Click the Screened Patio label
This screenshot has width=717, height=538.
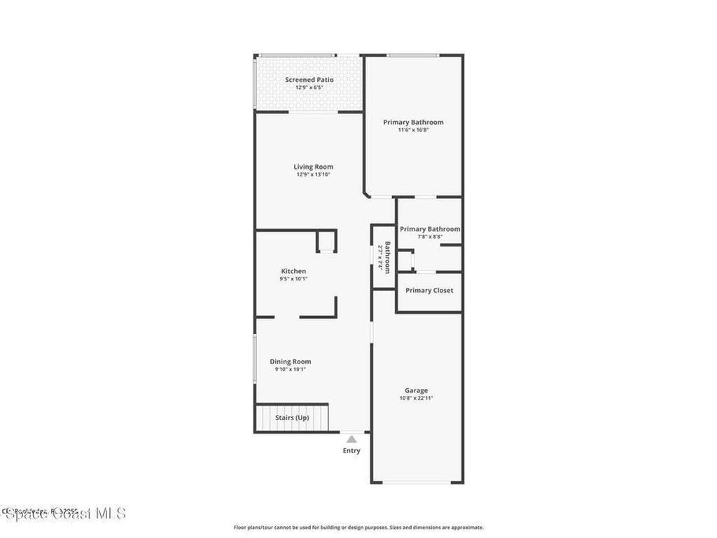309,80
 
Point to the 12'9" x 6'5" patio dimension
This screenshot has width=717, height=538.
309,88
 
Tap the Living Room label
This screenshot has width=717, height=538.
313,167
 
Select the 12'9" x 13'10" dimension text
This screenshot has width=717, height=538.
313,174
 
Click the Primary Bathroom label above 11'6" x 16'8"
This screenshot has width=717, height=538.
413,122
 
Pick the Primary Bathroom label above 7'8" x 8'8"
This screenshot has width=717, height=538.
430,229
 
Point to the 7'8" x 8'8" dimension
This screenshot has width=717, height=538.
430,237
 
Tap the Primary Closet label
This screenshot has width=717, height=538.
429,291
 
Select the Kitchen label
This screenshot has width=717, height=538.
293,271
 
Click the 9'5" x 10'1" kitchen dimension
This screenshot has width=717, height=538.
293,279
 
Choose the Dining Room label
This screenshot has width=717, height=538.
291,361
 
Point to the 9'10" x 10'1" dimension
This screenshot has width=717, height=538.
291,369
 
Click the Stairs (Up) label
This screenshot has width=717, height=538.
292,418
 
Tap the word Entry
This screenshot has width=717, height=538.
351,450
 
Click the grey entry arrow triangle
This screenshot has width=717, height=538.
351,439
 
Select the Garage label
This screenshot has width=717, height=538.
416,391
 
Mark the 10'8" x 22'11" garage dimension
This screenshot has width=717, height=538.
416,399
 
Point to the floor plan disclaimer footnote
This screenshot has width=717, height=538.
358,527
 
